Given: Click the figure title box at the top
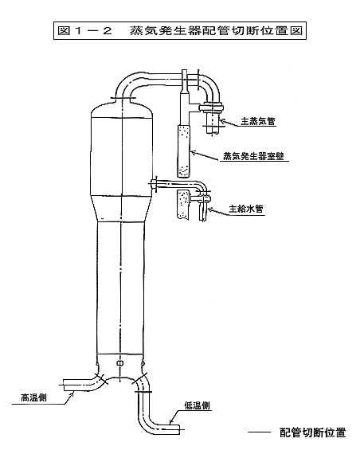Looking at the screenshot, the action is click(180, 30).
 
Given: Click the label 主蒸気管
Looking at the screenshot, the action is click(258, 121).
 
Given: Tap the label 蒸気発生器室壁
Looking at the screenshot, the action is click(254, 155).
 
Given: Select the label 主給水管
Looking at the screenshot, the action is click(246, 209).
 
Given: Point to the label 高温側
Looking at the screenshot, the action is click(33, 397).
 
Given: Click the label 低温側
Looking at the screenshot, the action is click(197, 405).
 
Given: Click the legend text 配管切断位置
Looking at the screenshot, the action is click(313, 432).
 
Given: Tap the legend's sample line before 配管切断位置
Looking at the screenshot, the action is click(260, 432).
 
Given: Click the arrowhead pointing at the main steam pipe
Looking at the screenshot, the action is click(223, 121).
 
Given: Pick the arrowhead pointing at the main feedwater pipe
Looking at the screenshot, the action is click(210, 209).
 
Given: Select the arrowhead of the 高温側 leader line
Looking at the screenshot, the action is click(72, 393).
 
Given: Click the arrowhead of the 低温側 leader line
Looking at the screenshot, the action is click(171, 422).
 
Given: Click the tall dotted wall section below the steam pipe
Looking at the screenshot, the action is click(183, 151).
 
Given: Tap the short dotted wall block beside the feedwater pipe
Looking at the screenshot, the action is click(183, 204).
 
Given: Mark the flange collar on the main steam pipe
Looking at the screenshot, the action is click(211, 108).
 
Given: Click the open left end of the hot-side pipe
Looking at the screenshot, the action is click(63, 385).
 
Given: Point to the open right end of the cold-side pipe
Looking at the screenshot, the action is click(180, 429).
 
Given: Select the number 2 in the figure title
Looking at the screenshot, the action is click(107, 31).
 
